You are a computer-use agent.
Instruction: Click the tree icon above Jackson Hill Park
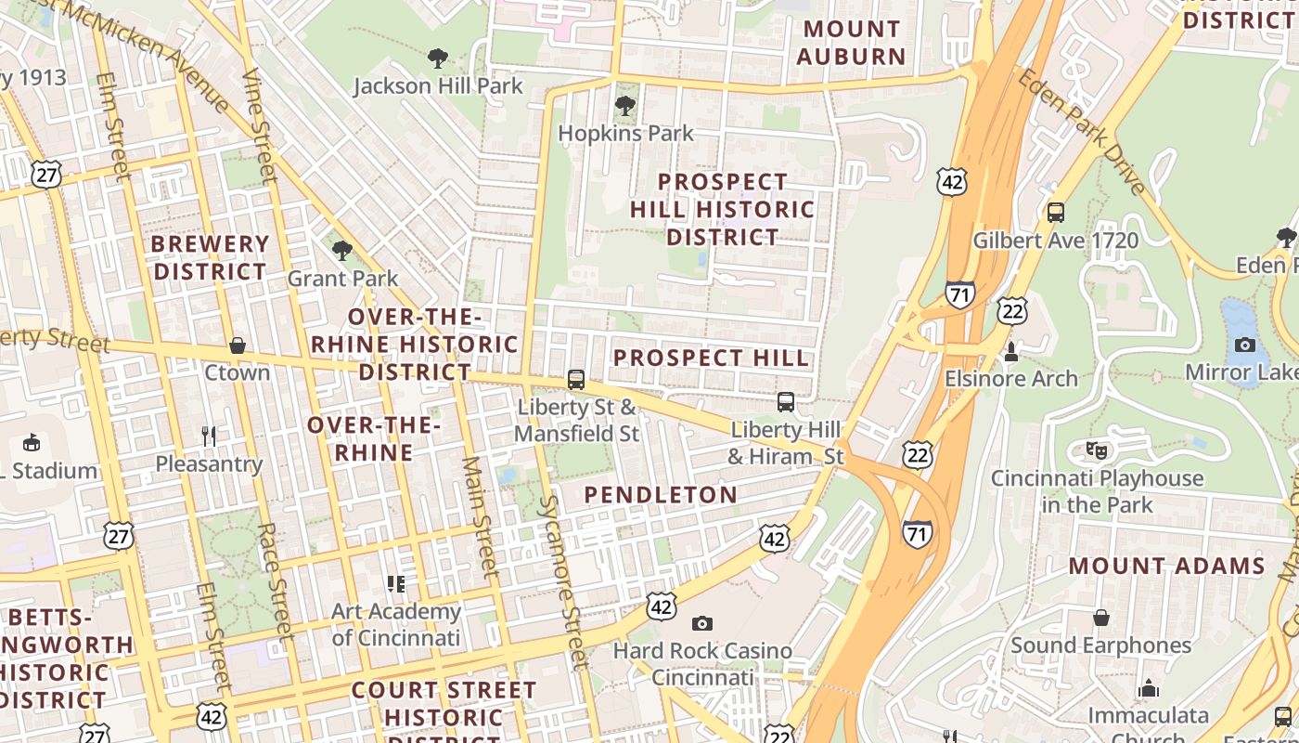[x=438, y=59]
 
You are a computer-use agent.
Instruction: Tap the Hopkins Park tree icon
[x=625, y=106]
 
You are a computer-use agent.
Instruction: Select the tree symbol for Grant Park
[x=342, y=251]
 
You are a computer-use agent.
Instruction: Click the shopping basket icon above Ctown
[x=238, y=345]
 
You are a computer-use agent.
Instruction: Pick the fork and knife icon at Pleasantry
[x=209, y=436]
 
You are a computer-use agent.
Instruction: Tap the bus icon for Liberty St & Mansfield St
[x=576, y=380]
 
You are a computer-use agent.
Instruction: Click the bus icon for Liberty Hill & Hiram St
[x=786, y=402]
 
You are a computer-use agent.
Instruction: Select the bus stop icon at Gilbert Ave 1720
[x=1055, y=213]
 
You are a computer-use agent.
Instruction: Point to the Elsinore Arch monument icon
[x=1011, y=352]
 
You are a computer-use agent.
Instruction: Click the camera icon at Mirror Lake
[x=1245, y=345]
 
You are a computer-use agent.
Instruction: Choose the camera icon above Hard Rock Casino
[x=702, y=623]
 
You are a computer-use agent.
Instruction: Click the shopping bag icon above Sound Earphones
[x=1101, y=618]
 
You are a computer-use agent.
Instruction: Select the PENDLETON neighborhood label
[x=661, y=495]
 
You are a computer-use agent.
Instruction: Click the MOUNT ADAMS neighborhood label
[x=1166, y=566]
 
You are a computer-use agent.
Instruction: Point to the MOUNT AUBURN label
[x=851, y=43]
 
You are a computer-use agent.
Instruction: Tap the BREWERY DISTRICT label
[x=211, y=258]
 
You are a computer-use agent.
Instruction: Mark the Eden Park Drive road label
[x=1082, y=131]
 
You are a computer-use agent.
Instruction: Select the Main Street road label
[x=481, y=516]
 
